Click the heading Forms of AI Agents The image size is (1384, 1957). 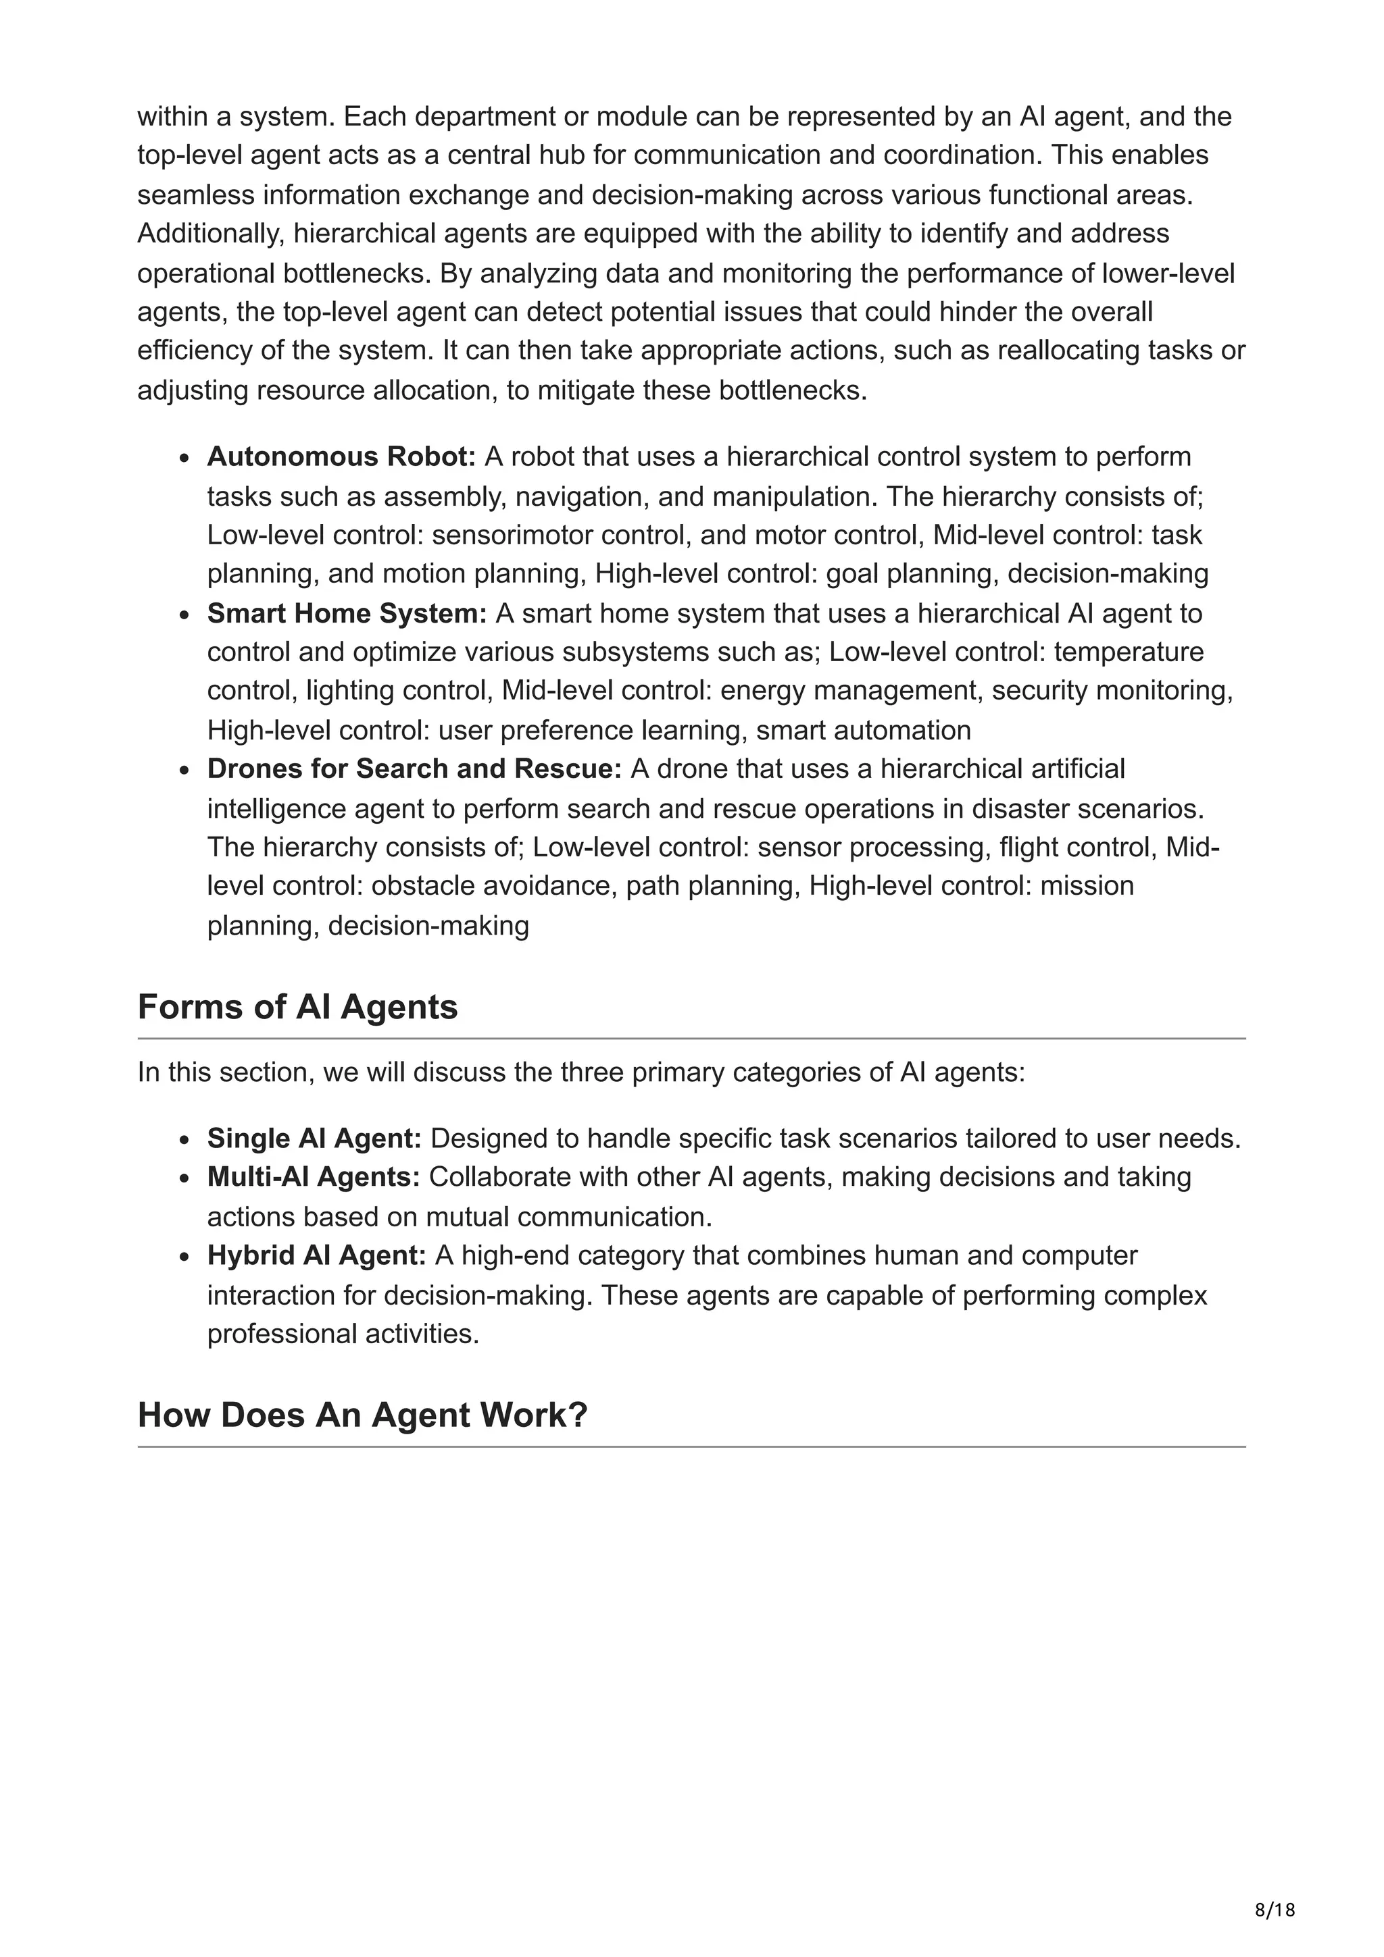click(297, 1007)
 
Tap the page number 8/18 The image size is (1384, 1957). click(1275, 1910)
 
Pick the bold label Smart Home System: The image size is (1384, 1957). click(346, 613)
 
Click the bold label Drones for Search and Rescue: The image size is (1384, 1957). click(414, 768)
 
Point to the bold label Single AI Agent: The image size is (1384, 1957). click(314, 1138)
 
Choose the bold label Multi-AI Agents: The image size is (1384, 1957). click(313, 1177)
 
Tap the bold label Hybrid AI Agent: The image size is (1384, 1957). click(316, 1255)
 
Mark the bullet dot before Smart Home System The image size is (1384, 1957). click(184, 615)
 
